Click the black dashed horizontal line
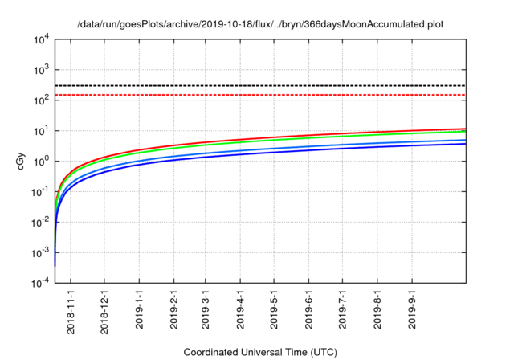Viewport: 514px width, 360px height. (265, 85)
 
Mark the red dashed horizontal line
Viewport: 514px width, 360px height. (265, 95)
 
